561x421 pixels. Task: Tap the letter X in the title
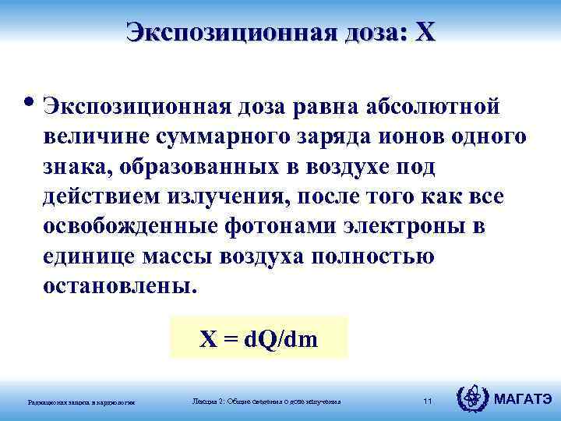coord(426,33)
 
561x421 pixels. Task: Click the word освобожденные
coord(131,227)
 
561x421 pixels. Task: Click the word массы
coord(175,256)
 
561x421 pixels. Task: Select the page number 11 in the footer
coord(427,401)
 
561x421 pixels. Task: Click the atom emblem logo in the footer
coord(471,399)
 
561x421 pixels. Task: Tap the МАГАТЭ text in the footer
coord(522,400)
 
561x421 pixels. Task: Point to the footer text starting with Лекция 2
coord(266,401)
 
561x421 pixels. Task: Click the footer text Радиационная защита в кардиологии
coord(82,402)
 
